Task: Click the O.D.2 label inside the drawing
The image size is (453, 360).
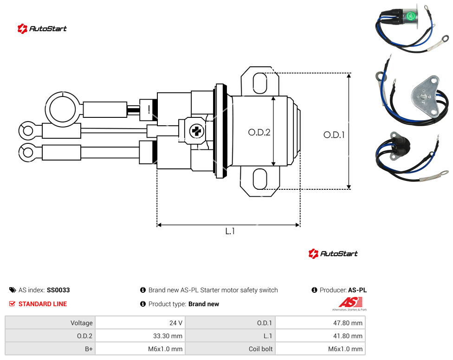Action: [259, 132]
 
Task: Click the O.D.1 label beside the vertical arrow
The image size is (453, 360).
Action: [334, 135]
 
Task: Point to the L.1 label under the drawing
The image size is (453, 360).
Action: [230, 231]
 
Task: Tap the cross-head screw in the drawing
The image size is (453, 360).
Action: [197, 131]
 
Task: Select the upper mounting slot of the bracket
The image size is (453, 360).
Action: [260, 83]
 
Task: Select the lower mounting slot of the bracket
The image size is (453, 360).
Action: [260, 179]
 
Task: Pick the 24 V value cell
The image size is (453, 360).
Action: [141, 323]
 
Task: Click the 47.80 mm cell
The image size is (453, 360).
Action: [320, 323]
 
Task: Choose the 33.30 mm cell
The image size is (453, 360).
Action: [141, 336]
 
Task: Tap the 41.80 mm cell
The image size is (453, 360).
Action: [320, 336]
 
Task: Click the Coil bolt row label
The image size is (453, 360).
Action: [260, 349]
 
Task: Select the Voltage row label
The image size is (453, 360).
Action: [82, 323]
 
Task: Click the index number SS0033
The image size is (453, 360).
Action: [58, 290]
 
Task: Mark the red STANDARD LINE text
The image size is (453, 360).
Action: [43, 304]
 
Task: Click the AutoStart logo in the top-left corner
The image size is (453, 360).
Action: [42, 29]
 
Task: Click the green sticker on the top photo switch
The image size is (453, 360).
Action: [410, 16]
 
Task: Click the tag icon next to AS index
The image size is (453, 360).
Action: [13, 290]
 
